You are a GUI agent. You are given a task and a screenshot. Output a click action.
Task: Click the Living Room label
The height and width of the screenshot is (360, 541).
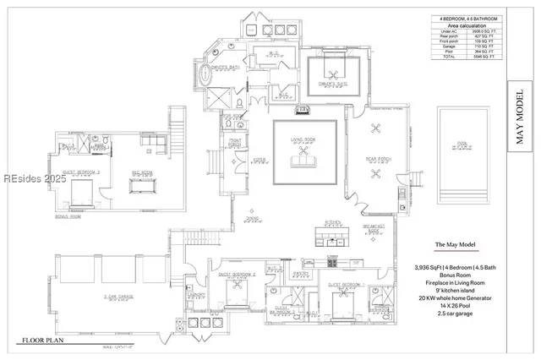[304, 140]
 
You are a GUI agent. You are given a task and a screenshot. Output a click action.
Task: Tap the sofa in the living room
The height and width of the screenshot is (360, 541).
[303, 161]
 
